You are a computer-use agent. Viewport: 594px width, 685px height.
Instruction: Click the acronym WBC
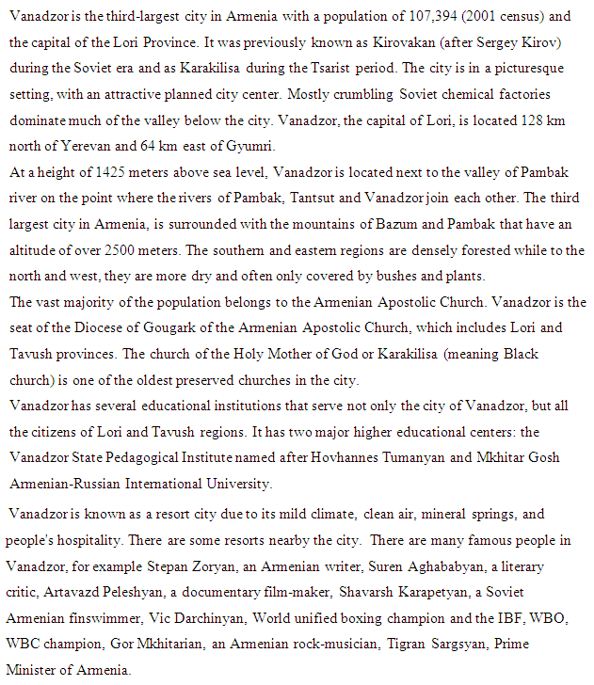[x=24, y=645]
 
